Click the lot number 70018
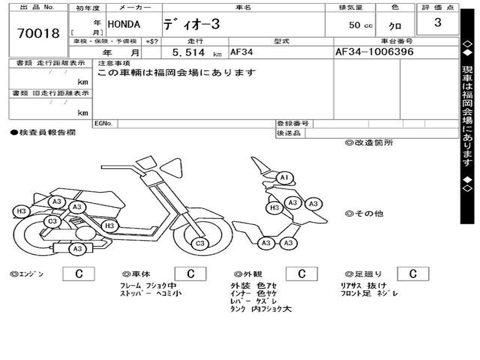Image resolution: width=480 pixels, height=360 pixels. [x=38, y=33]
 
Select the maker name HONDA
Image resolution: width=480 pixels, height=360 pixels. [x=124, y=24]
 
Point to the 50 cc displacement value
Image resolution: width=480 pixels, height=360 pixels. [x=360, y=25]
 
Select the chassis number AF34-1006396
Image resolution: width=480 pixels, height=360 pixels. [x=375, y=52]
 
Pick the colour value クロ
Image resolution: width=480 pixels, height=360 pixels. [x=395, y=27]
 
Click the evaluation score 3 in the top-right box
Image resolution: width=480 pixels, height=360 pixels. [x=438, y=22]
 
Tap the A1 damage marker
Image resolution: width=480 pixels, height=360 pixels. [x=284, y=178]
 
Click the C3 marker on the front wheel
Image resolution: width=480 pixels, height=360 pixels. [x=200, y=243]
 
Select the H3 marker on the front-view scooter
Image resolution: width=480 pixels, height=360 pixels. [x=275, y=207]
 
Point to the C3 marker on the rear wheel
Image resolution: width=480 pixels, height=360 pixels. [x=52, y=221]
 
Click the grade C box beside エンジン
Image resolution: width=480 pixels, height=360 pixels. [x=79, y=274]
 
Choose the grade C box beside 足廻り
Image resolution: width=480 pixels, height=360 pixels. [x=412, y=274]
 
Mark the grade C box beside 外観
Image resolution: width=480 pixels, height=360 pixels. [x=301, y=274]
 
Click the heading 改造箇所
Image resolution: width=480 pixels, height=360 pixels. [x=369, y=143]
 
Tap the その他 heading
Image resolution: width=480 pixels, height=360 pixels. [x=364, y=214]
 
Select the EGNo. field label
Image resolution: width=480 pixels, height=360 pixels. [x=104, y=123]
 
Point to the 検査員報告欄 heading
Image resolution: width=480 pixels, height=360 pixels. [x=43, y=133]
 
